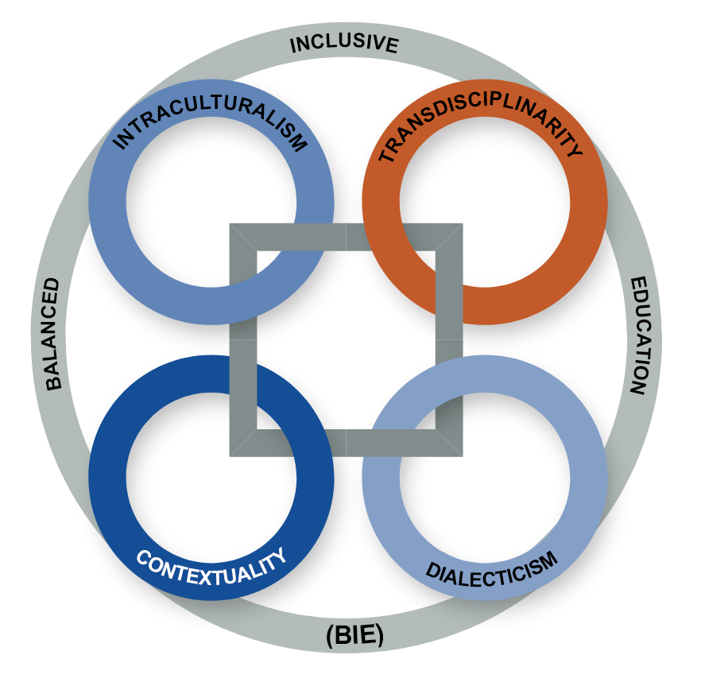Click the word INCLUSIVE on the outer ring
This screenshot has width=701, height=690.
343,43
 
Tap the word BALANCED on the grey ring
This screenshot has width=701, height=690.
53,333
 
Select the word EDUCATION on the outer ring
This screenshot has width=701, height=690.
641,335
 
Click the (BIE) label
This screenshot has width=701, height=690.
354,635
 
